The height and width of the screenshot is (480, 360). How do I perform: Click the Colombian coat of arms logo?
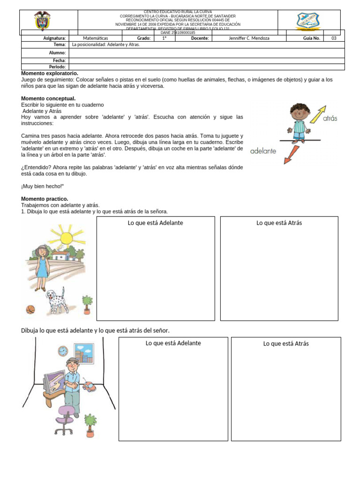pos(43,21)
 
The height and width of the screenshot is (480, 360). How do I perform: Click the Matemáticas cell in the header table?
pos(95,38)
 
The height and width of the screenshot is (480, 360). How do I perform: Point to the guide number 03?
pos(334,38)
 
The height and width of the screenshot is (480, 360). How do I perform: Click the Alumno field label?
pos(58,53)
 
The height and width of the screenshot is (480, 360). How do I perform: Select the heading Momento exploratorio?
pos(50,74)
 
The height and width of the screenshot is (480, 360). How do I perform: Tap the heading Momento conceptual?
pos(48,99)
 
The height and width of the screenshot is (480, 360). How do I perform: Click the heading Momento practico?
pos(45,199)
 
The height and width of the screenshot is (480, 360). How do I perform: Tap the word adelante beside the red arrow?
pos(263,151)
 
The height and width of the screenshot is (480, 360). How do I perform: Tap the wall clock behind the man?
pos(63,351)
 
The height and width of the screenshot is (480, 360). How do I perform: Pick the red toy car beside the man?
pos(89,387)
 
